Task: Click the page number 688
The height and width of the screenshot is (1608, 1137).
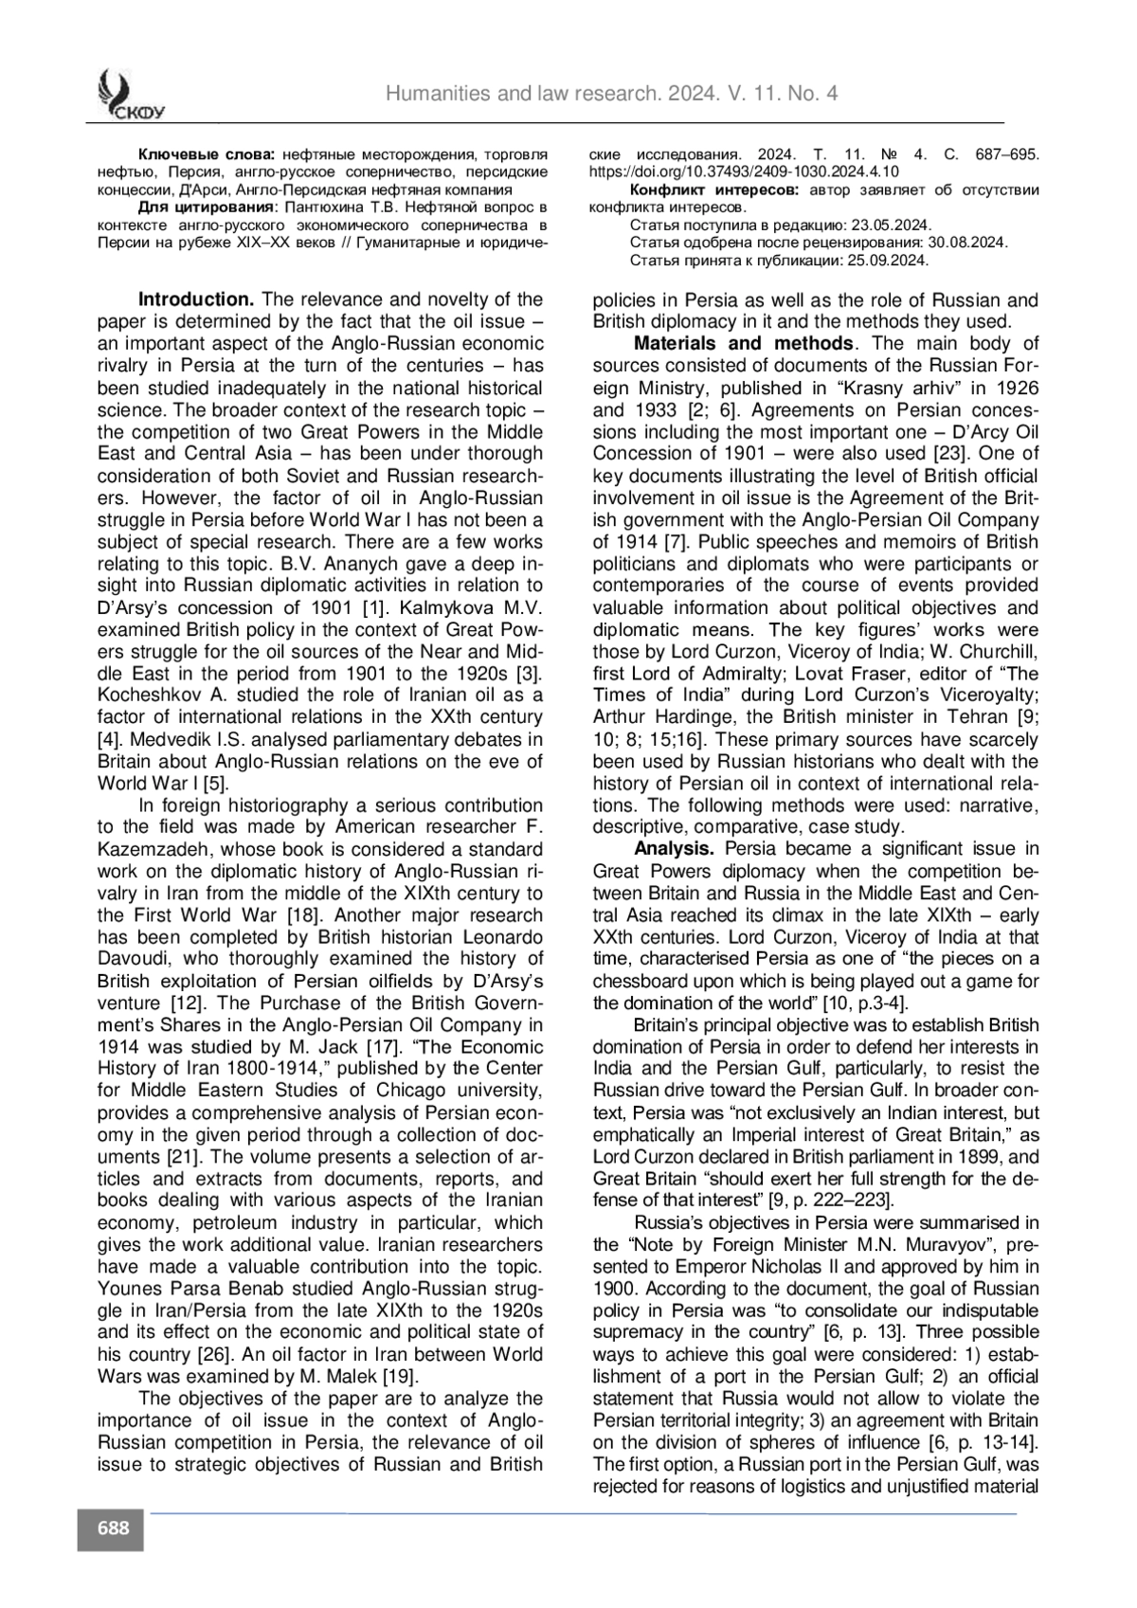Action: (x=112, y=1528)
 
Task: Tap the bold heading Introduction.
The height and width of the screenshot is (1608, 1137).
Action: (x=196, y=300)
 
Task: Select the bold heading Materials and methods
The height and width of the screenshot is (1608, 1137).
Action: (x=743, y=344)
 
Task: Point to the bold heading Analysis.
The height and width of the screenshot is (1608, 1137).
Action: (x=673, y=849)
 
